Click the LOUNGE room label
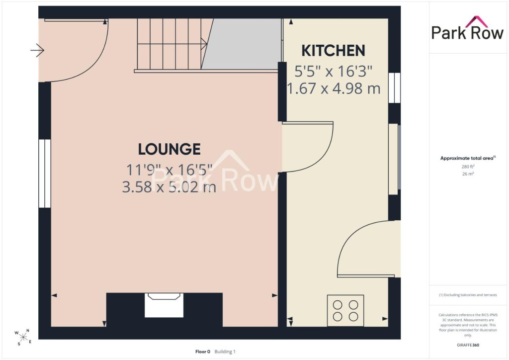click(169, 149)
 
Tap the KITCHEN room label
click(334, 51)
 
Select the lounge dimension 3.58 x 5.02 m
click(169, 187)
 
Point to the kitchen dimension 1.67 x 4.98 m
click(334, 89)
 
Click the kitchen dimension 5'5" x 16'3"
click(334, 71)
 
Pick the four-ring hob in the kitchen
click(345, 311)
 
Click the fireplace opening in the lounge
click(164, 305)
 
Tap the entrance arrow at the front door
click(37, 50)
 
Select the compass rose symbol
click(23, 337)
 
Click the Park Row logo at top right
click(467, 28)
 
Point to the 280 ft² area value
click(468, 167)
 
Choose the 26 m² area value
click(468, 174)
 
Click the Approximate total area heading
click(468, 159)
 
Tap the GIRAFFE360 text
click(468, 345)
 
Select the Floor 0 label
click(203, 352)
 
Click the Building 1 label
click(225, 352)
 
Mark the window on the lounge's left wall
click(45, 174)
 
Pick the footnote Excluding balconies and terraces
click(468, 295)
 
